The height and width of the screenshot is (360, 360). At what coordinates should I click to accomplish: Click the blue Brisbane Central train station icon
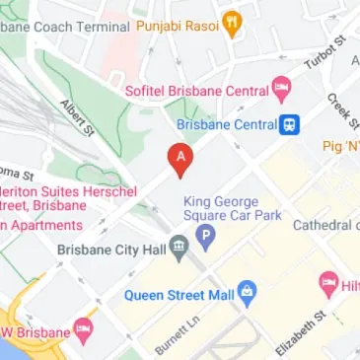coord(290,125)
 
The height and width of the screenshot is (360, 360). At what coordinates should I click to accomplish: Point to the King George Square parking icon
coord(205,236)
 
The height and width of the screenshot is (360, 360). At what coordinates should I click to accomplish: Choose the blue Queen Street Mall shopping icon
coord(247,292)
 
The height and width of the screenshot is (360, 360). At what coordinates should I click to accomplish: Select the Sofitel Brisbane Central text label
coord(196,91)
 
